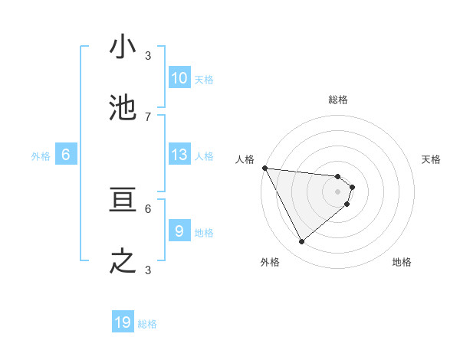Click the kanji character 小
click(x=123, y=47)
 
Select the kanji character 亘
click(x=123, y=201)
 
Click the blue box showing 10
click(x=179, y=78)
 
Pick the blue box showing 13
click(x=179, y=155)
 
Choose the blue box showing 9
click(x=179, y=231)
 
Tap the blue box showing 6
click(x=65, y=155)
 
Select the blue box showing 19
click(x=123, y=322)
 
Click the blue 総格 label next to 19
click(x=147, y=324)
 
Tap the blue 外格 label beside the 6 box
click(x=41, y=156)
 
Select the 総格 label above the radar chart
click(x=338, y=100)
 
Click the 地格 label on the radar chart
click(x=402, y=262)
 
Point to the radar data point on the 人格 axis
click(x=264, y=168)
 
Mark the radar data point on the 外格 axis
click(x=301, y=242)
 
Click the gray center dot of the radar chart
click(x=338, y=191)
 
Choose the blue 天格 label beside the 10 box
click(x=204, y=80)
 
